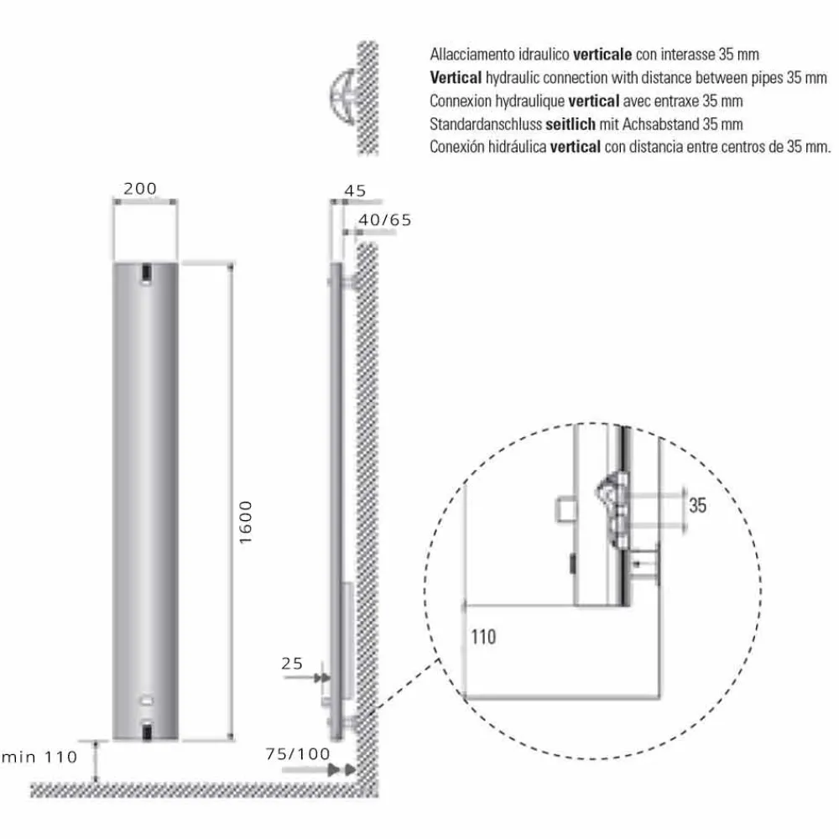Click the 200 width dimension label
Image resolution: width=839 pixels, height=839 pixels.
[x=140, y=189]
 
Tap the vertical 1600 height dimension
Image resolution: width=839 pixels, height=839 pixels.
[x=245, y=522]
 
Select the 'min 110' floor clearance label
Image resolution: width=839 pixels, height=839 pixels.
[x=40, y=758]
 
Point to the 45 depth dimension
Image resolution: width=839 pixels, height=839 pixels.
[x=356, y=190]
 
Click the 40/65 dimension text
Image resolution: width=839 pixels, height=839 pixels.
[x=384, y=220]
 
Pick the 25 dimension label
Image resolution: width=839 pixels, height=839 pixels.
[x=292, y=664]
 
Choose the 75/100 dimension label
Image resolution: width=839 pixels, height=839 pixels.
[x=298, y=753]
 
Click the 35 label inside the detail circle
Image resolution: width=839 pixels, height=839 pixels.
[x=697, y=506]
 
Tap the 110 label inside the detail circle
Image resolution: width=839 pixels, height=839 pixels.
[x=483, y=637]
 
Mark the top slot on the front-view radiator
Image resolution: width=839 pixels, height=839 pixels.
[x=147, y=273]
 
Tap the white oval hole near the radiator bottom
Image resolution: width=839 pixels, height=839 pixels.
[x=147, y=698]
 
